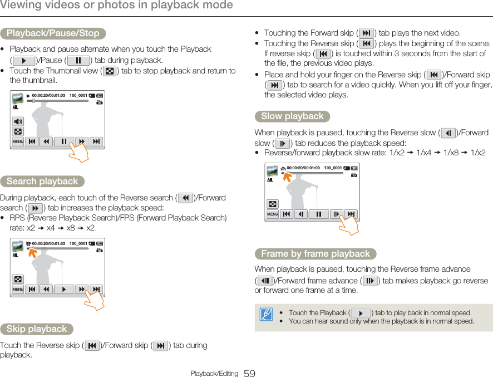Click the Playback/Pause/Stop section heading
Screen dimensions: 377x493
53,33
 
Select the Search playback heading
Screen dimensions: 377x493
42,182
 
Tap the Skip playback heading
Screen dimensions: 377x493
37,329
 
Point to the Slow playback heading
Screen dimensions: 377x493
292,116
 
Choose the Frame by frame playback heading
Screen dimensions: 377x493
315,254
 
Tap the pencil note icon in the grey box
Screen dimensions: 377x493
266,315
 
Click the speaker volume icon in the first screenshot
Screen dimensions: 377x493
18,121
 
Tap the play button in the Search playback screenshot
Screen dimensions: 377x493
64,290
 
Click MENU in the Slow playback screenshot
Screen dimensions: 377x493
273,214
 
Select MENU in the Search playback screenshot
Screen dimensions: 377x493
18,290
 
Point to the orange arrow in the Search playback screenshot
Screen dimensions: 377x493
32,252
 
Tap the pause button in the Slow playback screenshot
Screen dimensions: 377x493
319,214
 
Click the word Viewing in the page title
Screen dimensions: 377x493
22,6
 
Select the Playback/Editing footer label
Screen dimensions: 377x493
214,374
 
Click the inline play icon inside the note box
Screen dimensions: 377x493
361,313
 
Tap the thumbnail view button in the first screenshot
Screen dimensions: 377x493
18,132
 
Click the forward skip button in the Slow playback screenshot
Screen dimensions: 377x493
351,214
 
